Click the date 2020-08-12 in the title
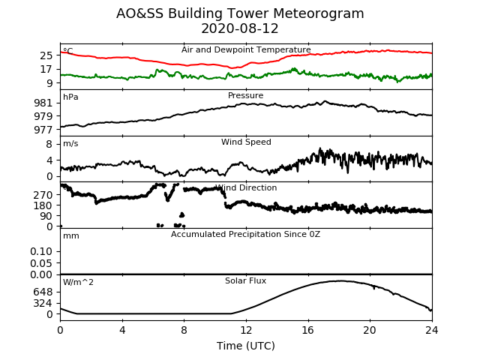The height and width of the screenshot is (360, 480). [240, 28]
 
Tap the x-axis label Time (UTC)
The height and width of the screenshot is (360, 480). [246, 346]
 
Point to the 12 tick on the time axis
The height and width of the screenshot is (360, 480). [246, 330]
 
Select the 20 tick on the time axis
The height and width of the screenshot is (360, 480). [370, 330]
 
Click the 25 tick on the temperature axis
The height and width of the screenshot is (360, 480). [46, 55]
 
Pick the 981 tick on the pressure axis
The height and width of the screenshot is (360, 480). [43, 103]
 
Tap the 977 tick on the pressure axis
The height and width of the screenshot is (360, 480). [43, 130]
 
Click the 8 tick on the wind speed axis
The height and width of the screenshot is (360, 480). [49, 144]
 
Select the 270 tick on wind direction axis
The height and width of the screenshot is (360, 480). [43, 195]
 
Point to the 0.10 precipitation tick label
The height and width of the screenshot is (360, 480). [41, 252]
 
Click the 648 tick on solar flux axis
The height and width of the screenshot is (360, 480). [43, 292]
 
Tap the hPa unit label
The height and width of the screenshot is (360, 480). [70, 97]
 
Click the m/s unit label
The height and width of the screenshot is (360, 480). [70, 143]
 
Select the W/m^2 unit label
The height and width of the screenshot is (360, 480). [78, 282]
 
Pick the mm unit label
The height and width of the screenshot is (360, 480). [71, 236]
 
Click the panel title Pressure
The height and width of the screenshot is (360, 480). [245, 95]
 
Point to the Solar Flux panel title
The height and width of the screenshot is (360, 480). [245, 280]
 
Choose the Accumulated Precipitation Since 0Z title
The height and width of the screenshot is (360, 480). [245, 235]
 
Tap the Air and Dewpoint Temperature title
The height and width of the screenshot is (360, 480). [246, 49]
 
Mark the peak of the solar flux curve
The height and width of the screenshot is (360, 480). [340, 280]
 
